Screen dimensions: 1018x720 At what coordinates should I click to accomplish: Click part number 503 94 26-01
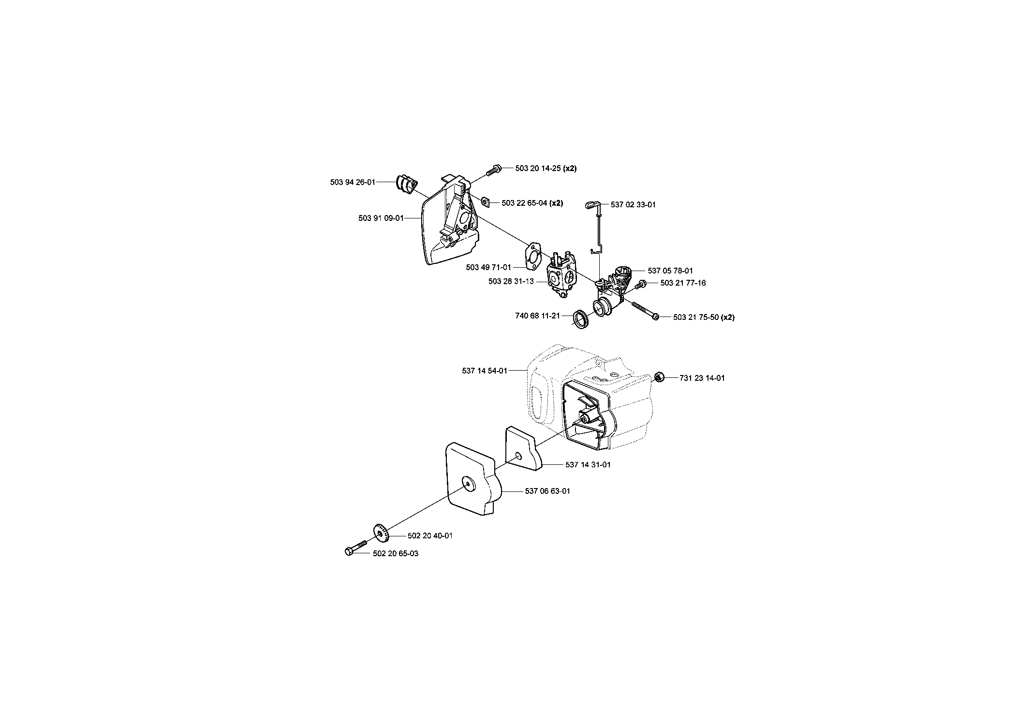pos(353,182)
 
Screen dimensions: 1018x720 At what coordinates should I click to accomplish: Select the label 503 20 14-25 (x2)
pos(546,168)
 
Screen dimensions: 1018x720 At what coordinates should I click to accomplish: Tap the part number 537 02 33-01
pos(633,204)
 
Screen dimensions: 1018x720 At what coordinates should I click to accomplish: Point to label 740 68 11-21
pos(538,316)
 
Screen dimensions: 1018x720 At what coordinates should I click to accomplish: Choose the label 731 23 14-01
pos(702,378)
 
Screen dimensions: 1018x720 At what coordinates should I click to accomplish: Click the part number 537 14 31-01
pos(588,464)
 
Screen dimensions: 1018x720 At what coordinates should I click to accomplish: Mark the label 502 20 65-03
pos(396,553)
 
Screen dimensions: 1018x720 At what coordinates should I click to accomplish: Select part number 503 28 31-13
pos(511,281)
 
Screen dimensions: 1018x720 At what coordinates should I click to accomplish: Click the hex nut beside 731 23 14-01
pos(658,376)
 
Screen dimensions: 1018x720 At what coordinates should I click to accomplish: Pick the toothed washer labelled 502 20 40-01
pos(381,533)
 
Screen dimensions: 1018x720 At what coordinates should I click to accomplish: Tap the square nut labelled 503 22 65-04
pos(487,201)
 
